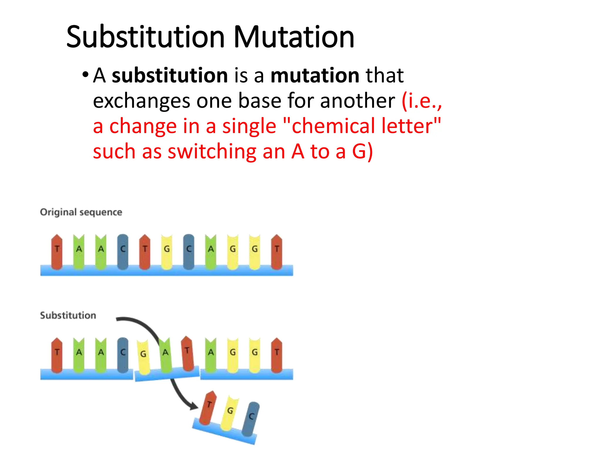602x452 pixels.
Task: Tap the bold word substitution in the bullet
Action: coord(170,75)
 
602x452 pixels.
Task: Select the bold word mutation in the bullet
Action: coord(315,75)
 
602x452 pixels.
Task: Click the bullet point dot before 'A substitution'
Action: coord(85,74)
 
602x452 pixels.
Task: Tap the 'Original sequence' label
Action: coord(81,212)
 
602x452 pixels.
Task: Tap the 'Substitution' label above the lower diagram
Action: coord(68,315)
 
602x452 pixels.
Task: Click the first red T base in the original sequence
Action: coord(57,252)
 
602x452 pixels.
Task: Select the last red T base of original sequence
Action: coord(277,252)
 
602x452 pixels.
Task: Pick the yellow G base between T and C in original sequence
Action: coord(167,252)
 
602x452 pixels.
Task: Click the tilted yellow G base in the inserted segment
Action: coord(143,357)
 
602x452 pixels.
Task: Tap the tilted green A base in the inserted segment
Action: coord(165,355)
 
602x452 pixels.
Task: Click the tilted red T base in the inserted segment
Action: coord(187,353)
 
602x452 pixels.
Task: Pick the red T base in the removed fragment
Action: coord(208,408)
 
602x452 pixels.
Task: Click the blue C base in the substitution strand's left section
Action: coord(123,355)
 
